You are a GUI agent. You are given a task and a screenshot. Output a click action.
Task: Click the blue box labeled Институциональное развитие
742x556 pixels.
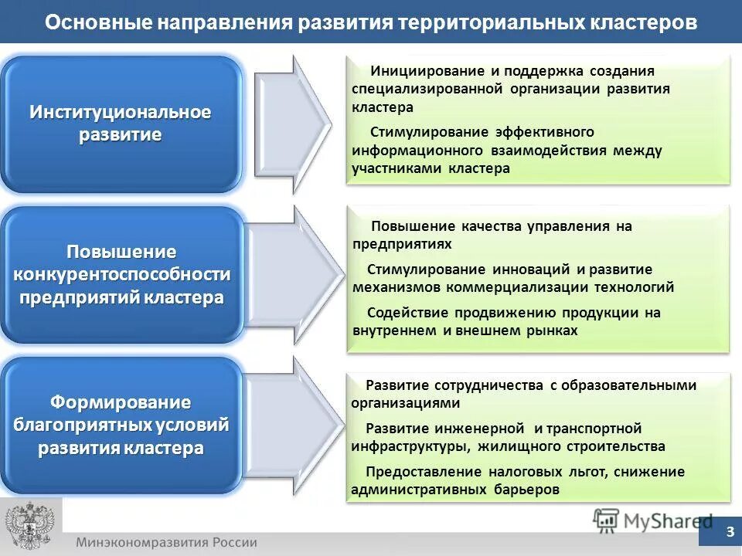point(121,124)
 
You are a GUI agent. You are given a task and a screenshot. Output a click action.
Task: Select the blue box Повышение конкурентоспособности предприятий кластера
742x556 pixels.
point(121,274)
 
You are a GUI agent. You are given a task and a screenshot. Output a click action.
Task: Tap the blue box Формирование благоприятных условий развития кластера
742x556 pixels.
point(121,425)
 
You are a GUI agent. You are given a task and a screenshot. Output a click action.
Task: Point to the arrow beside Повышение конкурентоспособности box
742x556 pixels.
point(294,273)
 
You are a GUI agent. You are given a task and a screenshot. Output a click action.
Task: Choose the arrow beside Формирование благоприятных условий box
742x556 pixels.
point(294,425)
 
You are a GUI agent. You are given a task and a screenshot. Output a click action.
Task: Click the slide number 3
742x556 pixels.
point(730,532)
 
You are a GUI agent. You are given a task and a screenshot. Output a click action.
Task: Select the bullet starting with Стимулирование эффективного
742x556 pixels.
point(506,150)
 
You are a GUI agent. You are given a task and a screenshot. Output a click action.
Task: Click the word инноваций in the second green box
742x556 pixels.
point(531,270)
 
